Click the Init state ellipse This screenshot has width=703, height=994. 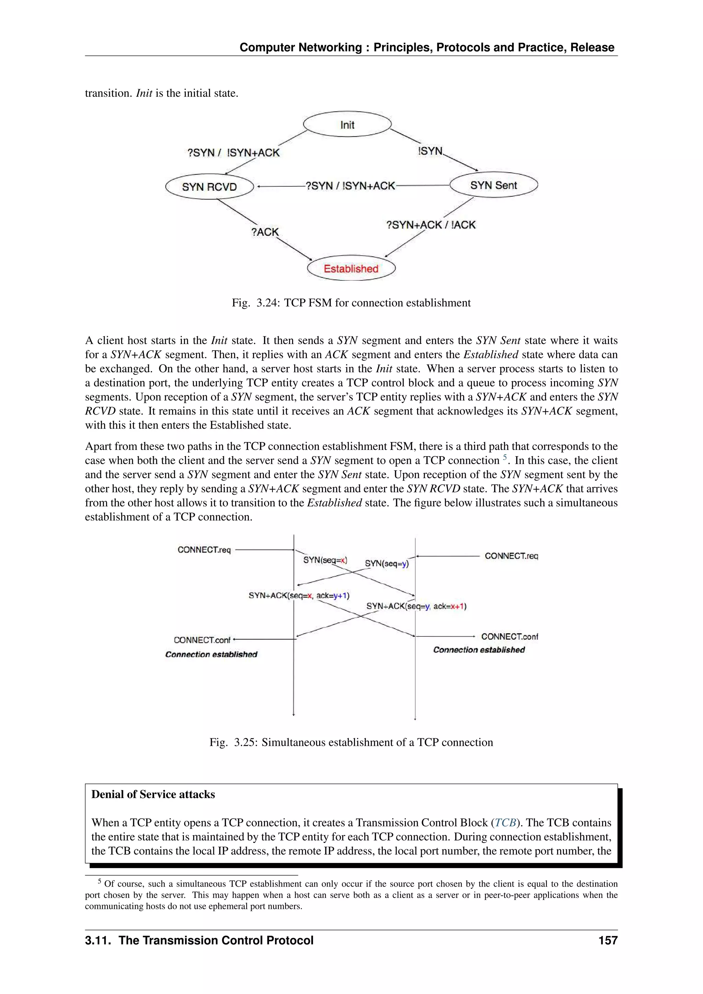pyautogui.click(x=347, y=125)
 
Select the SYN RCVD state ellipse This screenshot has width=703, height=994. pyautogui.click(x=209, y=187)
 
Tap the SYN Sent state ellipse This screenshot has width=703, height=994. pyautogui.click(x=494, y=185)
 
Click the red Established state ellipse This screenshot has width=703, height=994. pyautogui.click(x=351, y=268)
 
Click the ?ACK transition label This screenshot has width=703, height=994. pyautogui.click(x=265, y=232)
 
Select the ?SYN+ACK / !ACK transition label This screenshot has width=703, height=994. pyautogui.click(x=431, y=225)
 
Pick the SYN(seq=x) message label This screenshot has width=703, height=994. pyautogui.click(x=325, y=560)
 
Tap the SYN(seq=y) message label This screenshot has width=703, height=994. pyautogui.click(x=387, y=563)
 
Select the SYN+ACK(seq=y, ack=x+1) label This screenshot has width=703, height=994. pyautogui.click(x=416, y=606)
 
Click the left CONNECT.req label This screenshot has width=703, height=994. pyautogui.click(x=204, y=550)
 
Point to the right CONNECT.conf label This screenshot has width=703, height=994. pyautogui.click(x=509, y=636)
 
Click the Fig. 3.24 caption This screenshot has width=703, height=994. pyautogui.click(x=351, y=303)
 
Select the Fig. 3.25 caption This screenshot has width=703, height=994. pyautogui.click(x=351, y=742)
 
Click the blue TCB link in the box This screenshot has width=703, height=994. pyautogui.click(x=505, y=823)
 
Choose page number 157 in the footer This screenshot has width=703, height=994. pyautogui.click(x=608, y=940)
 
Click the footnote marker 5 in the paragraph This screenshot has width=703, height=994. pyautogui.click(x=505, y=457)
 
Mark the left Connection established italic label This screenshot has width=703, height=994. pyautogui.click(x=211, y=654)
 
